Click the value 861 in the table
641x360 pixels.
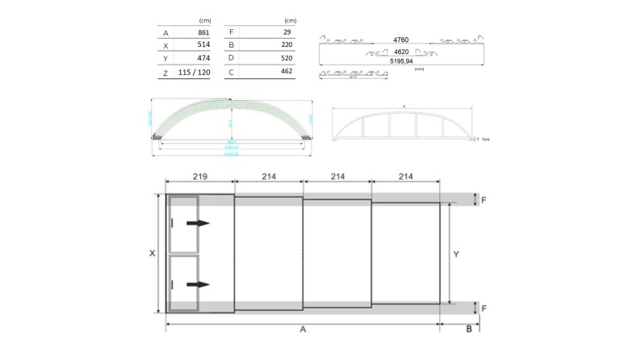203,33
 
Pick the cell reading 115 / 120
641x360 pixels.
194,73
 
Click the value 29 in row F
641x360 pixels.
287,32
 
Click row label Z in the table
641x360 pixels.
165,73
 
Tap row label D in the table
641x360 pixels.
232,59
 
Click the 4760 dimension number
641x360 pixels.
400,39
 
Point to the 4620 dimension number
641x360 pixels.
400,52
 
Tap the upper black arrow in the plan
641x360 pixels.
197,223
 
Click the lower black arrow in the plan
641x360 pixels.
197,284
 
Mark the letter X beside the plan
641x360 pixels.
152,253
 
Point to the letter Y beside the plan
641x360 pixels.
456,253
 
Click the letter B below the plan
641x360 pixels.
467,330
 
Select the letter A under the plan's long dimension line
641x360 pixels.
303,330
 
